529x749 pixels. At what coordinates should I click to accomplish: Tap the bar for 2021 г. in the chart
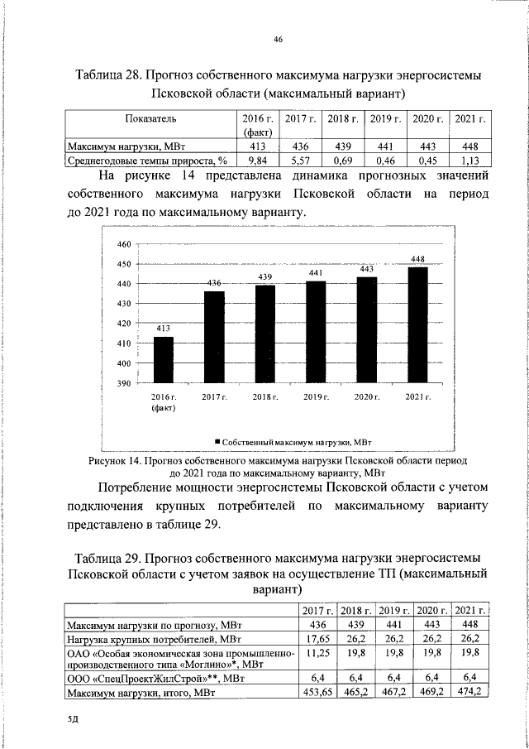(x=418, y=324)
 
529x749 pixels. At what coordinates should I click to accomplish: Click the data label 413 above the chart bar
(x=164, y=329)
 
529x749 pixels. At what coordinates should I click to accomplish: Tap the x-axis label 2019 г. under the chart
(x=316, y=398)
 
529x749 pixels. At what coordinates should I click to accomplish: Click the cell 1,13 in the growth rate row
(x=469, y=161)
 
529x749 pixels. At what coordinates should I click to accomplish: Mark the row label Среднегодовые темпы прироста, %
(x=146, y=161)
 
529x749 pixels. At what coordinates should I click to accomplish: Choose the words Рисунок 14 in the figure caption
(x=114, y=459)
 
